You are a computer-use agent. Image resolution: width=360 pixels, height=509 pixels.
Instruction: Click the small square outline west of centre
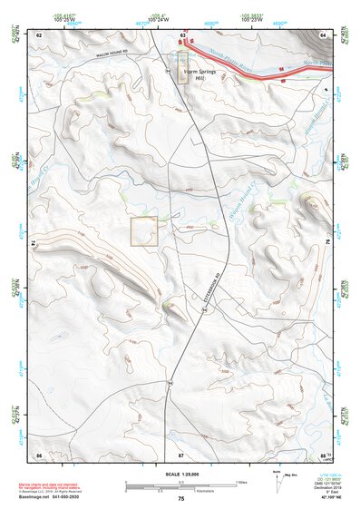point(144,232)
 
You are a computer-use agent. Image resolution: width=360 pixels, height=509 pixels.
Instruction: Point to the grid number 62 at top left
point(39,34)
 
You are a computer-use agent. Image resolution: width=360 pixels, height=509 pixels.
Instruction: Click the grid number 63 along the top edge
point(183,34)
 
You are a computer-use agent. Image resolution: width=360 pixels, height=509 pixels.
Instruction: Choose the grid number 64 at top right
point(323,34)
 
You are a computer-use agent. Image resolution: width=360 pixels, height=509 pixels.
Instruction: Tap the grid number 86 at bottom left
point(39,453)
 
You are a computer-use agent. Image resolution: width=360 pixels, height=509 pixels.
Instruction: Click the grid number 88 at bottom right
point(323,453)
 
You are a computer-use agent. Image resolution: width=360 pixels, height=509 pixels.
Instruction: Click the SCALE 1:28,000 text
point(180,474)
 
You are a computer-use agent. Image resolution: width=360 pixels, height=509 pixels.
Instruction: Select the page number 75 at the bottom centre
point(180,500)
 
